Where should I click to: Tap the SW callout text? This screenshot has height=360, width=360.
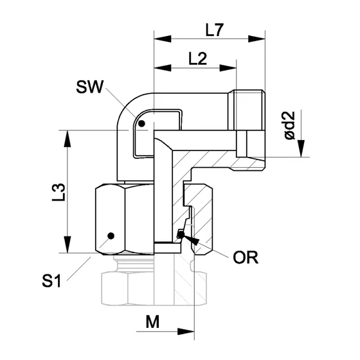point(89,85)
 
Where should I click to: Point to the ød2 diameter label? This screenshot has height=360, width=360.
point(290,126)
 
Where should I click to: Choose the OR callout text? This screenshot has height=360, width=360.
point(245,258)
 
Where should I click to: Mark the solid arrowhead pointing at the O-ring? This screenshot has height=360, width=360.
point(190,240)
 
